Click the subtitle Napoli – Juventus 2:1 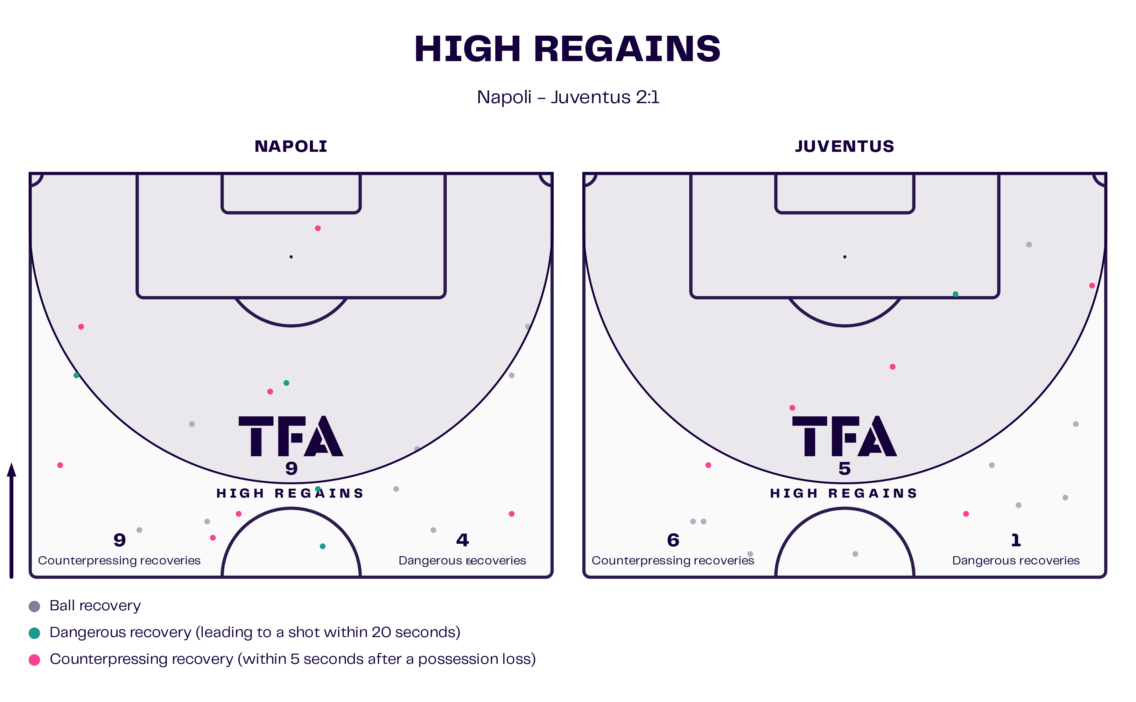click(x=568, y=97)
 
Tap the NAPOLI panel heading click(x=291, y=146)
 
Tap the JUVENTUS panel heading click(x=845, y=146)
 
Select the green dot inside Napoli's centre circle click(x=323, y=546)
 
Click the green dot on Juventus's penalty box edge click(x=956, y=294)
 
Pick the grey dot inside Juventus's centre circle click(x=855, y=554)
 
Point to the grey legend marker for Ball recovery click(x=34, y=606)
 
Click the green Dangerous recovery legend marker click(x=34, y=633)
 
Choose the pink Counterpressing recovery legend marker click(x=34, y=660)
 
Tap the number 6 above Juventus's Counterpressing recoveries click(x=673, y=540)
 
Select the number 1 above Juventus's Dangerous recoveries click(x=1016, y=540)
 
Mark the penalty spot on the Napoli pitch click(x=291, y=257)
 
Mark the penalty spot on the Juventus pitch click(x=845, y=257)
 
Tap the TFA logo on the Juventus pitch click(x=845, y=436)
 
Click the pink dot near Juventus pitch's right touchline click(x=1092, y=286)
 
